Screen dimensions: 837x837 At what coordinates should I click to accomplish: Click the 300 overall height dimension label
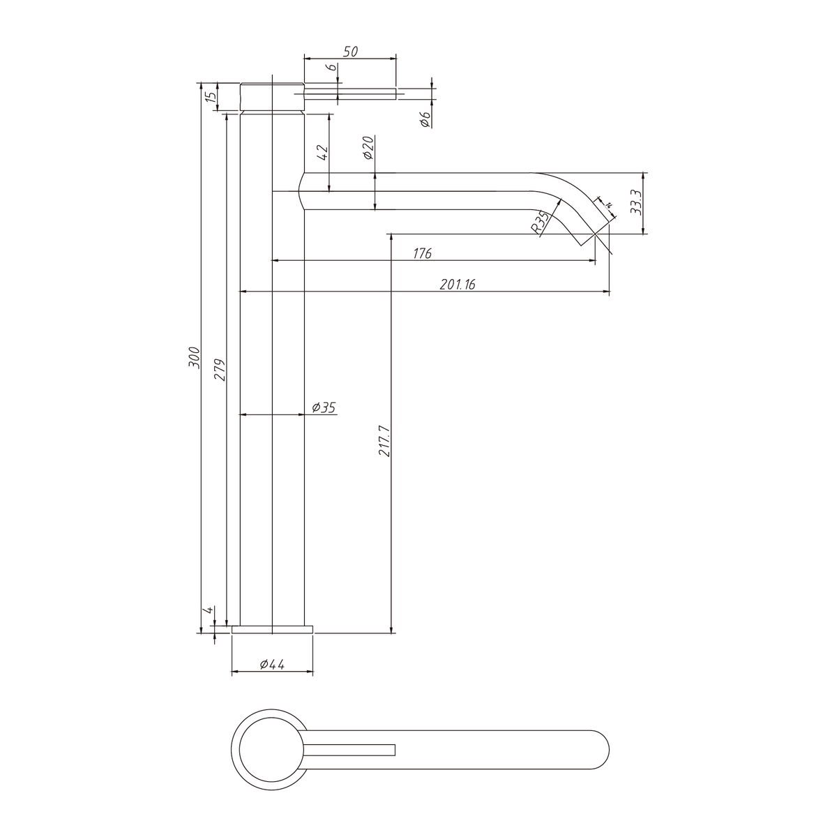(194, 358)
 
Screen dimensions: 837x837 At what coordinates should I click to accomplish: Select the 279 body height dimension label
(220, 370)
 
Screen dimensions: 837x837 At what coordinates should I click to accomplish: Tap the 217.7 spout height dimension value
(384, 441)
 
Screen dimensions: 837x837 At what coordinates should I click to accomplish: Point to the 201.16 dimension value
(458, 285)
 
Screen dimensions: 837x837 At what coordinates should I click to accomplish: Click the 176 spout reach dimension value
(422, 253)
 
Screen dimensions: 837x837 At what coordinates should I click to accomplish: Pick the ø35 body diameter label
(324, 407)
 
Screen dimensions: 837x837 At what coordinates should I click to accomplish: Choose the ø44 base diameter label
(272, 664)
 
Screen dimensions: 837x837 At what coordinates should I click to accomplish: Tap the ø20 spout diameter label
(368, 148)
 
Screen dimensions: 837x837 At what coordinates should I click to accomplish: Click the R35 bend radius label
(539, 223)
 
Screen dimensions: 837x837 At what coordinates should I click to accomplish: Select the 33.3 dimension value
(635, 202)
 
